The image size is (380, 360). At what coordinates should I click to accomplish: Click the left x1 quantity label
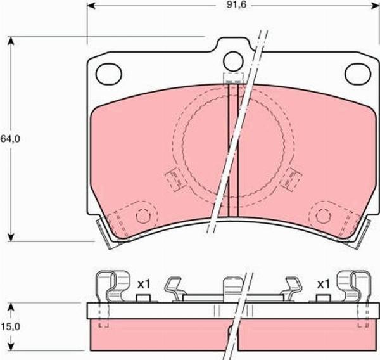(143, 283)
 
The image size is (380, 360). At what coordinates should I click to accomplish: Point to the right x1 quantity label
(324, 283)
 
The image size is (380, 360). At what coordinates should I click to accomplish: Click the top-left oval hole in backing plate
(108, 73)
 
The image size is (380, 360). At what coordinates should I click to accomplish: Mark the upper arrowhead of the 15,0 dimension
(11, 306)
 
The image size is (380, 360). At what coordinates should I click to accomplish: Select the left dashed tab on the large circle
(172, 181)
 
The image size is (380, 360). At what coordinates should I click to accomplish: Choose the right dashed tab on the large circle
(291, 177)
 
